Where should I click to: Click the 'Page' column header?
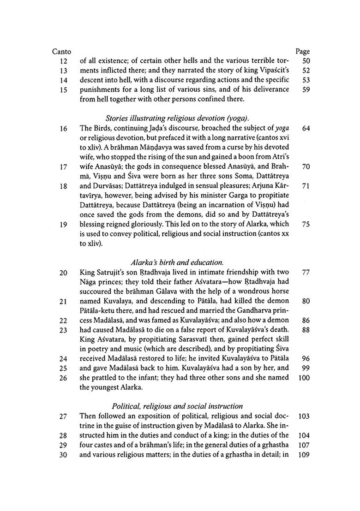coord(302,52)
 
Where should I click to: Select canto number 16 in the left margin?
coord(64,128)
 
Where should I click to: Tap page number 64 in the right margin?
coord(306,128)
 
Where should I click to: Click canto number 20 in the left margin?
coord(64,273)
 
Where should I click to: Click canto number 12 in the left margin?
coord(64,61)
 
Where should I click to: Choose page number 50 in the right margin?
coord(306,61)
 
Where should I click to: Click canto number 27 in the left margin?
coord(64,416)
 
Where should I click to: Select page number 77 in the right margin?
coord(306,273)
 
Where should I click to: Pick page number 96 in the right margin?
coord(306,358)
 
